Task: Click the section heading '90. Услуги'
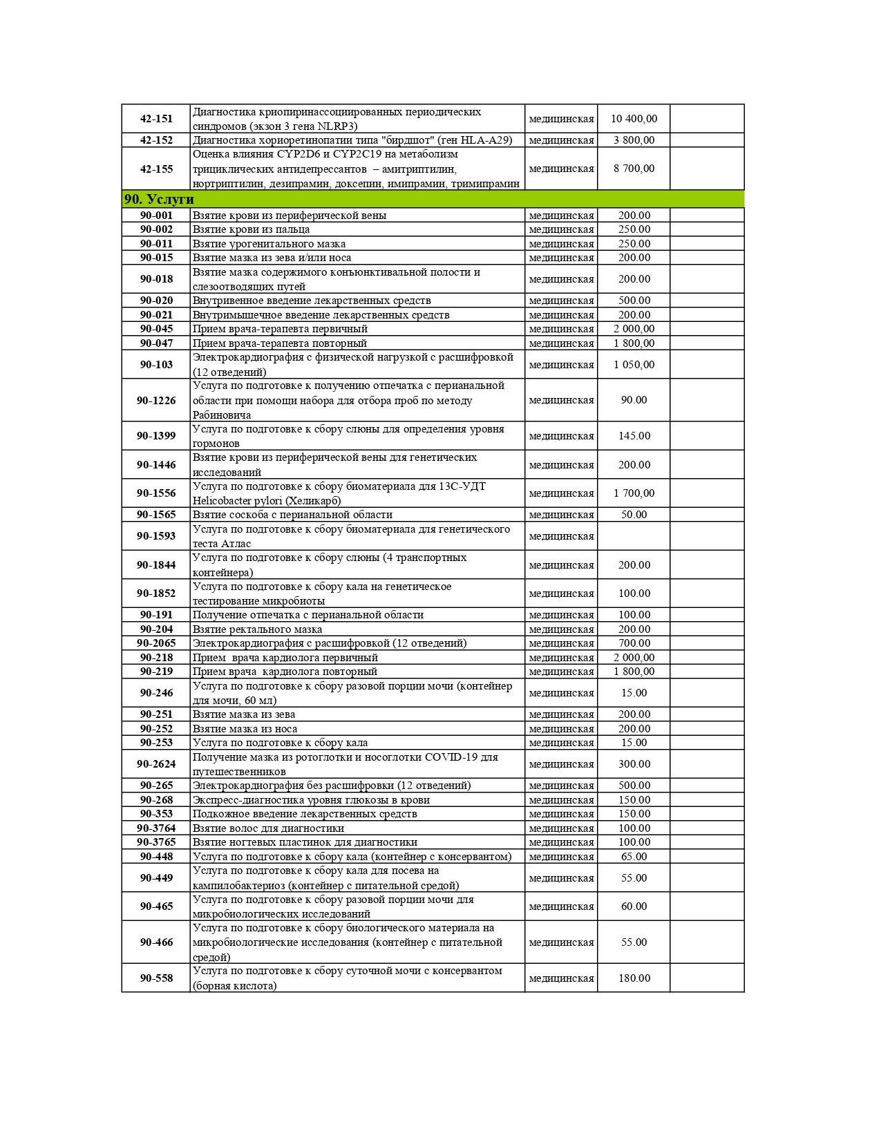tap(159, 200)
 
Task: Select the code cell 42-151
tap(156, 119)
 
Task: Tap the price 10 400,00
tap(634, 119)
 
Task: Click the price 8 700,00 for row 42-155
tap(634, 169)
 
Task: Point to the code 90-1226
tap(156, 401)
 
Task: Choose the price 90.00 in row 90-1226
tap(634, 400)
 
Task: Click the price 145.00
tap(634, 436)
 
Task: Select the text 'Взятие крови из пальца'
tap(251, 229)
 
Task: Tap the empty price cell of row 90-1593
tap(634, 536)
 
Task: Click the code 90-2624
tap(156, 764)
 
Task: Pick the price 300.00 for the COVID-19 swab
tap(634, 764)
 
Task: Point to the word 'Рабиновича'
tap(222, 415)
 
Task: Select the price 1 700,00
tap(634, 493)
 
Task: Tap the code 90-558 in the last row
tap(156, 978)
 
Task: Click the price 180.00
tap(634, 978)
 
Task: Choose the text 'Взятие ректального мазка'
tap(257, 629)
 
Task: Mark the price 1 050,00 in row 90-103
tap(634, 365)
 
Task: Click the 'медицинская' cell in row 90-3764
tap(561, 828)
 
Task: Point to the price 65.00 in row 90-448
tap(634, 857)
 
